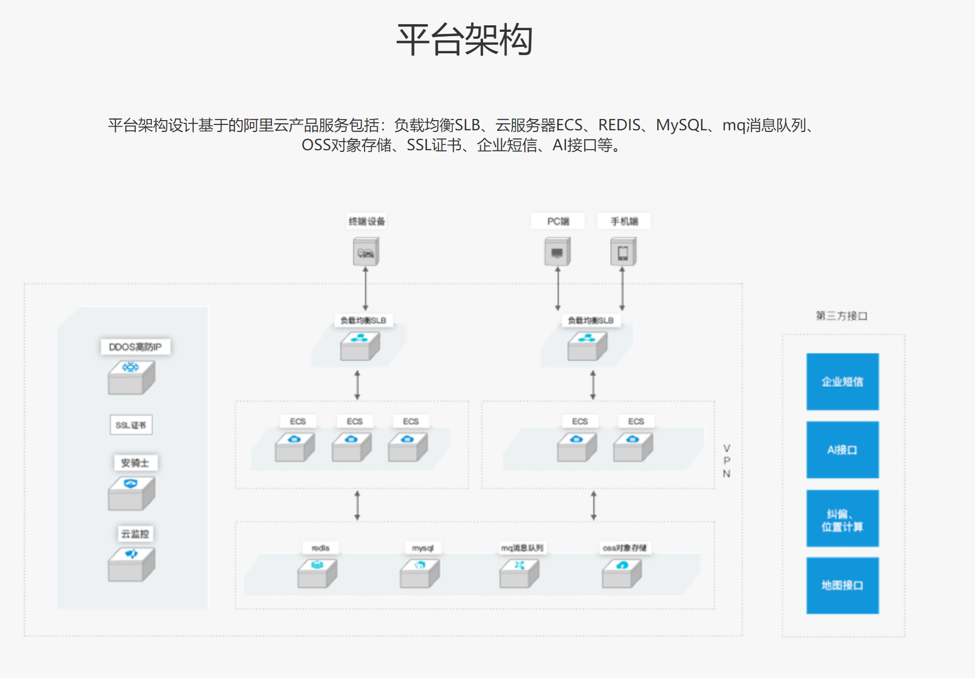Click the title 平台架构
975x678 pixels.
pyautogui.click(x=464, y=40)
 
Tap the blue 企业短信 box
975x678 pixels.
pyautogui.click(x=842, y=381)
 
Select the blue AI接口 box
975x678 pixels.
pyautogui.click(x=842, y=450)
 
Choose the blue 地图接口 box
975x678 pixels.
pyautogui.click(x=842, y=585)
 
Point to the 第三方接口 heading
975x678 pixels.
pyautogui.click(x=841, y=316)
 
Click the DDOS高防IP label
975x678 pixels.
pyautogui.click(x=135, y=347)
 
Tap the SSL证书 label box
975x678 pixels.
pyautogui.click(x=131, y=425)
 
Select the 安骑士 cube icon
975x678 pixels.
pyautogui.click(x=131, y=492)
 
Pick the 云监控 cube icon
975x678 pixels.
pyautogui.click(x=131, y=563)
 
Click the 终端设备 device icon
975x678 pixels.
pyautogui.click(x=366, y=252)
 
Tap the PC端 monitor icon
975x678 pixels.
pyautogui.click(x=557, y=252)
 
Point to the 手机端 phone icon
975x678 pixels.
pyautogui.click(x=623, y=252)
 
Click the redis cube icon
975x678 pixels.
pyautogui.click(x=317, y=573)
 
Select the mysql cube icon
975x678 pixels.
pyautogui.click(x=419, y=573)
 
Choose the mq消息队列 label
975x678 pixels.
pyautogui.click(x=522, y=548)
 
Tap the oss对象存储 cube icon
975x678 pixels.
pyautogui.click(x=622, y=573)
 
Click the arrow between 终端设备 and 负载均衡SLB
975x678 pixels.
pyautogui.click(x=366, y=289)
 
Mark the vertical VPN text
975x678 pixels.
pyautogui.click(x=726, y=461)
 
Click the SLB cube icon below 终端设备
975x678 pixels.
pyautogui.click(x=360, y=345)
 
